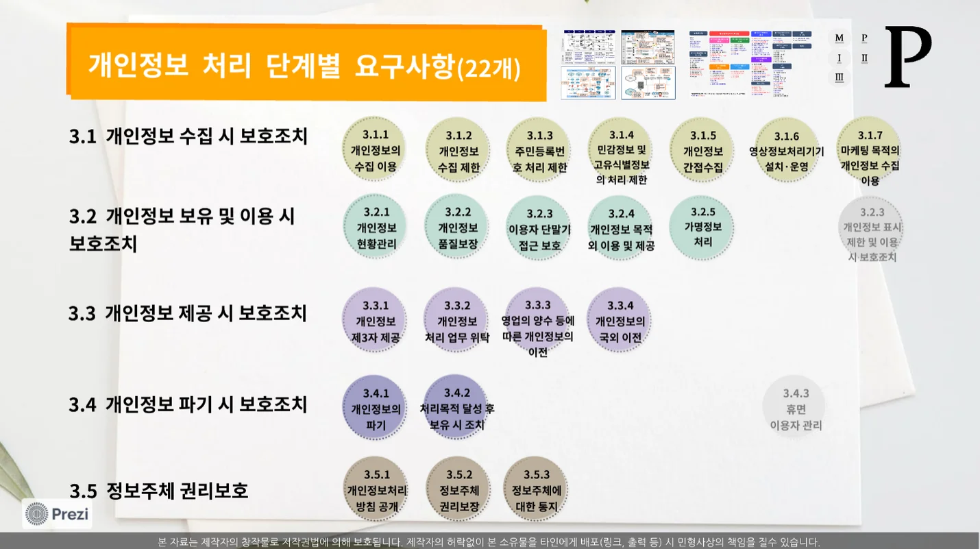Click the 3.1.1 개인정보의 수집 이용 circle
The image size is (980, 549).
[375, 150]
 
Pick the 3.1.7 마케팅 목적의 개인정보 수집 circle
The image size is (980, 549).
[870, 151]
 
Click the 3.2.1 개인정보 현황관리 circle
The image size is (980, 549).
[376, 228]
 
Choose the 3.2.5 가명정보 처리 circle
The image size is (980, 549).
[702, 228]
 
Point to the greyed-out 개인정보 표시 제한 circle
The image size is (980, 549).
[872, 234]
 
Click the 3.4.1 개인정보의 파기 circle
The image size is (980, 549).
[376, 408]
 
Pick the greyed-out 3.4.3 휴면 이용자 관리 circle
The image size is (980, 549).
[795, 408]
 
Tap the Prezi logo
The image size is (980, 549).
[58, 513]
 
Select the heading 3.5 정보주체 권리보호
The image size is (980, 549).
[159, 491]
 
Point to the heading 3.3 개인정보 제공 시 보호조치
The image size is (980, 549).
[188, 313]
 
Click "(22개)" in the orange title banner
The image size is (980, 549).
[489, 67]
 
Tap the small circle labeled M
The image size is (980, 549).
[839, 38]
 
